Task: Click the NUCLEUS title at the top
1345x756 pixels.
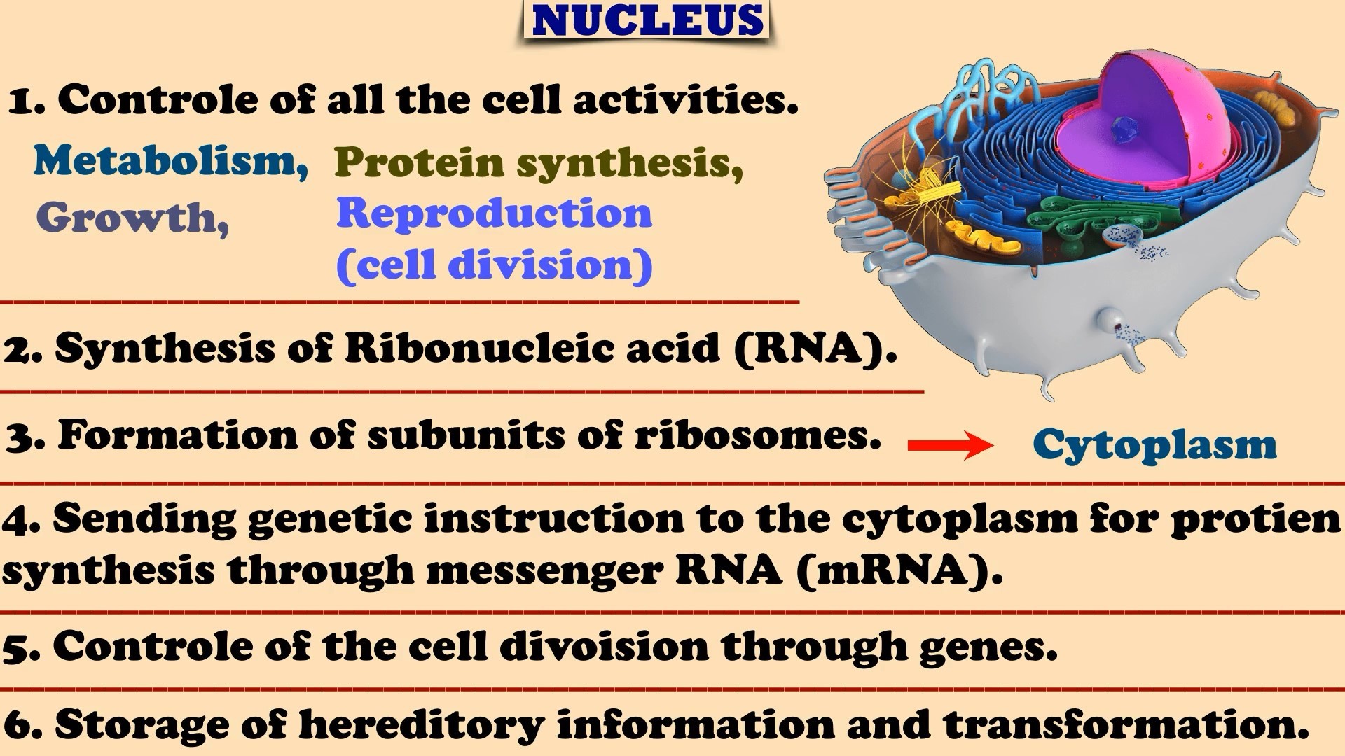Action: (647, 20)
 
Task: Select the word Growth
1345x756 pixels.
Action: (132, 218)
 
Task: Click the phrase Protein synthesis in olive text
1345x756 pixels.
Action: (539, 163)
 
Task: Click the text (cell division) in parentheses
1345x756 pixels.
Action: (494, 265)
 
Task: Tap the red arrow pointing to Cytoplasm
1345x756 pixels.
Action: (951, 445)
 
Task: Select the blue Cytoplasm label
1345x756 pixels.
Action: (1154, 445)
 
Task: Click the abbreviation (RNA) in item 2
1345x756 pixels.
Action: (815, 348)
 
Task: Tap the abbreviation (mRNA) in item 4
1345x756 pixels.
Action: (899, 570)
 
